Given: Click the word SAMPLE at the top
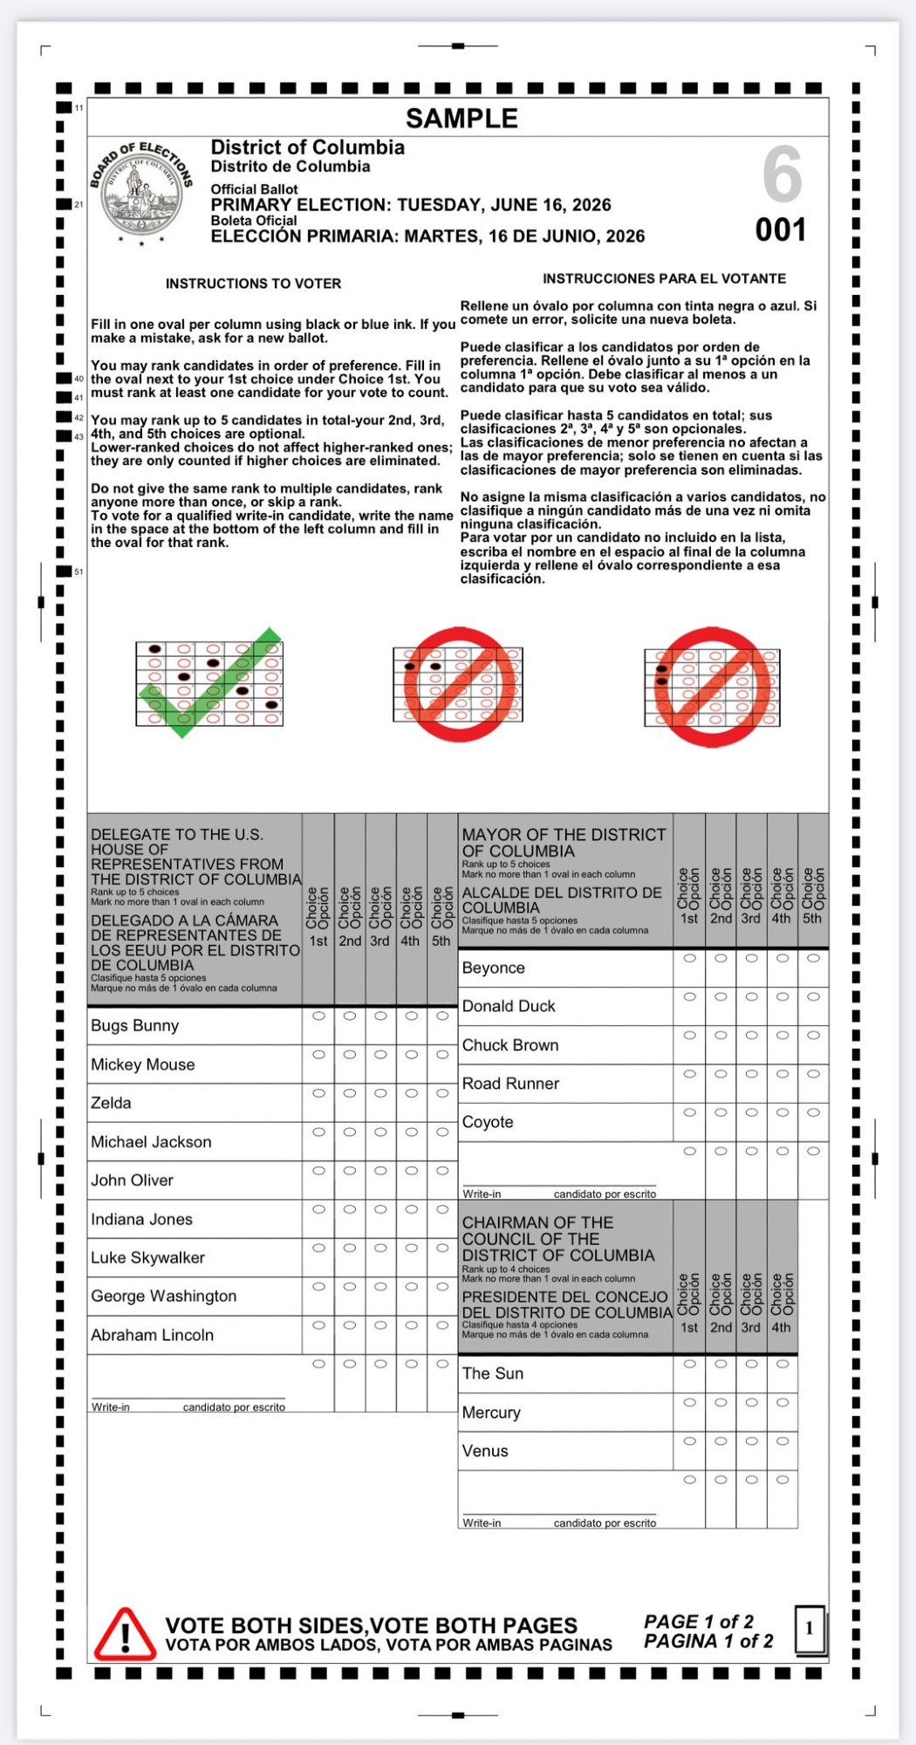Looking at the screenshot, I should (461, 118).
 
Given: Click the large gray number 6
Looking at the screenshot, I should (782, 174).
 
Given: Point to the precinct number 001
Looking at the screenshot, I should (781, 230).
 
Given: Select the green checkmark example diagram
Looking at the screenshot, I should (209, 683).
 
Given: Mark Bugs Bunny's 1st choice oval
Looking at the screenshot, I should (318, 1016).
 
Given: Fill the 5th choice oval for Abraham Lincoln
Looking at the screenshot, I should (442, 1324).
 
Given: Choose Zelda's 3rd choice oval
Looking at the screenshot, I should (380, 1093).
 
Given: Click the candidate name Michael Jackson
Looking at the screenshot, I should (151, 1141).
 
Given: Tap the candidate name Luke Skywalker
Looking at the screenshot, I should (147, 1257).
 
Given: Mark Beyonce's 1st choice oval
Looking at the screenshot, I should (689, 958).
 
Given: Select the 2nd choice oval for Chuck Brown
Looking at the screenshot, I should (721, 1035).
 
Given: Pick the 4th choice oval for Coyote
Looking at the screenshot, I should (783, 1112).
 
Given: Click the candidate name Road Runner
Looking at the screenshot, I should (510, 1084).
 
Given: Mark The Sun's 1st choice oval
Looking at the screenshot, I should (689, 1364).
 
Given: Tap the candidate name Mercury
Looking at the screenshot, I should (491, 1413).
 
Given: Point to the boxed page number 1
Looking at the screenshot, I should (810, 1628).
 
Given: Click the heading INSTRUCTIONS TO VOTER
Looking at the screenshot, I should (253, 284).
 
